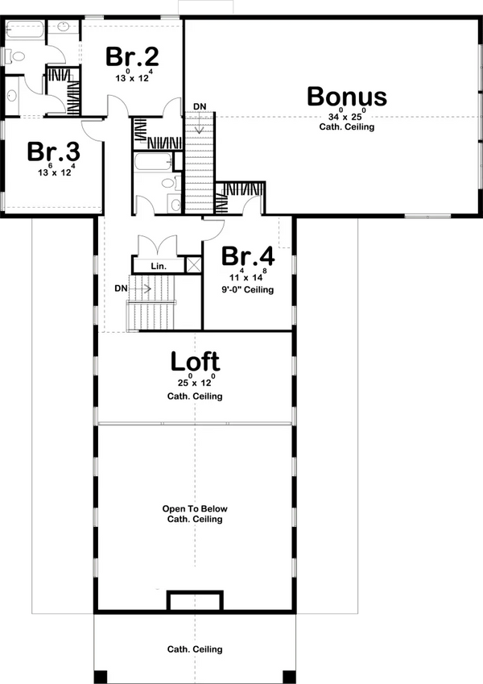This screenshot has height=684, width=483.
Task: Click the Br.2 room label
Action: (x=132, y=58)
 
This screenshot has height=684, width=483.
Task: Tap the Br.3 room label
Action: (x=52, y=152)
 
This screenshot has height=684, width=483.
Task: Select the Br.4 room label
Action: (x=248, y=257)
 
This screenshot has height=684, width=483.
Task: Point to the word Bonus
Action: (x=346, y=97)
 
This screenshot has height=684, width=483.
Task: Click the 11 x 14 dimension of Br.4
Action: (x=248, y=276)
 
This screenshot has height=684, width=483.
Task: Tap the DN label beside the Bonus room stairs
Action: (x=198, y=106)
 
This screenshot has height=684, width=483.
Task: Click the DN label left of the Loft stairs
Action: (x=121, y=287)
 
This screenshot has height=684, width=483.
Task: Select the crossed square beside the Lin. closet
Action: (x=193, y=265)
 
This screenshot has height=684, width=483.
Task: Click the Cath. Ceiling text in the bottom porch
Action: (x=195, y=649)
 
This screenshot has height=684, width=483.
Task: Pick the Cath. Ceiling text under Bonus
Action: (x=346, y=127)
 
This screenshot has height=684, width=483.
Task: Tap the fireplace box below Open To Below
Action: (x=194, y=601)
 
